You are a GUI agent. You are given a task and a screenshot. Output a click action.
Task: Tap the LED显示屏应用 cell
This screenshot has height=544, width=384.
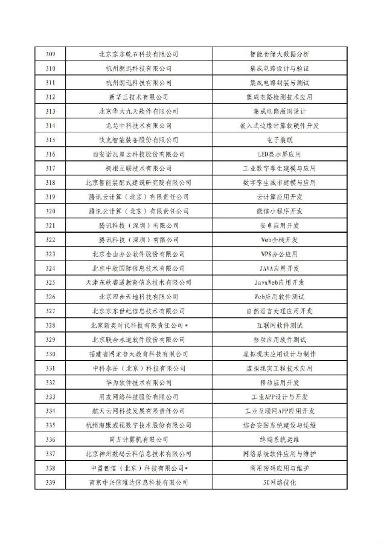click(x=279, y=154)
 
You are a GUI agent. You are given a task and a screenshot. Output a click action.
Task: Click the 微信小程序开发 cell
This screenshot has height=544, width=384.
click(x=279, y=211)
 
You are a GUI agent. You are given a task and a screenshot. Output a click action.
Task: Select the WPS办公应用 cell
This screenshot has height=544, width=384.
click(x=279, y=254)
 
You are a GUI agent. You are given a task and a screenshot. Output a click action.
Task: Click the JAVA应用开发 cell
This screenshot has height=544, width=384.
click(x=279, y=268)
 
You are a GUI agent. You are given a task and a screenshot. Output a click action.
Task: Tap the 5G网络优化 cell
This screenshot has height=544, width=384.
click(x=279, y=482)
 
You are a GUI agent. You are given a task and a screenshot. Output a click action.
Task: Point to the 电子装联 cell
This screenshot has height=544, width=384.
click(x=279, y=140)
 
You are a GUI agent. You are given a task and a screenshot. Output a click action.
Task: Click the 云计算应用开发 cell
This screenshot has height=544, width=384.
click(x=279, y=197)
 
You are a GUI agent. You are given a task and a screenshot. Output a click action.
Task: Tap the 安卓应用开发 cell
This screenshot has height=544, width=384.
click(x=279, y=225)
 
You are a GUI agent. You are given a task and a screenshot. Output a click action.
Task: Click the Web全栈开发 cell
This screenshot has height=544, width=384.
click(x=279, y=239)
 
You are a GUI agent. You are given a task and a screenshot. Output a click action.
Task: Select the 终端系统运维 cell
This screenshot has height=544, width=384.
click(x=279, y=439)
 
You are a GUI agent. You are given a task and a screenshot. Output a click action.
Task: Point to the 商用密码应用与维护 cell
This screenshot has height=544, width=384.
click(x=279, y=468)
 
